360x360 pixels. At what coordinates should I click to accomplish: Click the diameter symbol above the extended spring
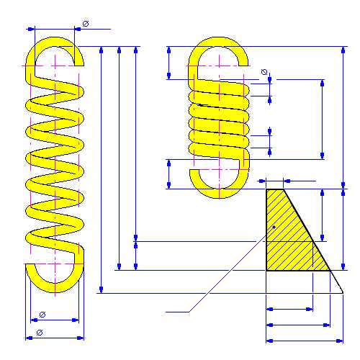[86, 24]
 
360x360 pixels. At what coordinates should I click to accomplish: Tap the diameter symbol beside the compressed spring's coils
[264, 72]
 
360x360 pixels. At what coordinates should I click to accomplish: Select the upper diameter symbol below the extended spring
[42, 315]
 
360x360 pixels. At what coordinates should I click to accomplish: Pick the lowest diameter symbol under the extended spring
[40, 333]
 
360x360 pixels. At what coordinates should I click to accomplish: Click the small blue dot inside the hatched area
[274, 227]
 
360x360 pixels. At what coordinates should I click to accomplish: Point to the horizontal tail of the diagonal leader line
[177, 312]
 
